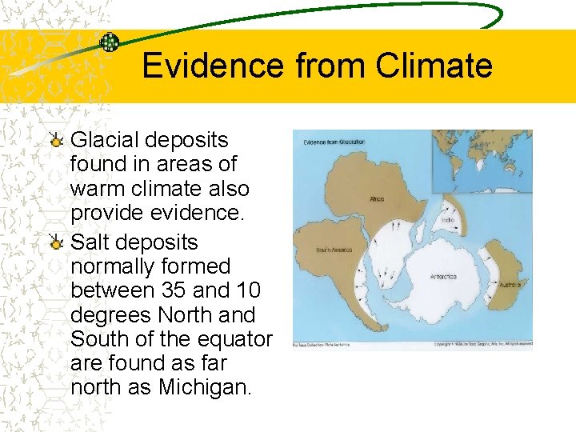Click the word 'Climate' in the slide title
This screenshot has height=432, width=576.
pyautogui.click(x=434, y=66)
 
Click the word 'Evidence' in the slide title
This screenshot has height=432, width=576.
pyautogui.click(x=214, y=66)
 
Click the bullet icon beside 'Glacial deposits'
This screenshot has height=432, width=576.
pyautogui.click(x=56, y=142)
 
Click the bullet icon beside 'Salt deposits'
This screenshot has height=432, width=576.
pyautogui.click(x=56, y=244)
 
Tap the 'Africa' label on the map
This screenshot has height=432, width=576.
pyautogui.click(x=377, y=199)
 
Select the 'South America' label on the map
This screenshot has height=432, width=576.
pyautogui.click(x=313, y=250)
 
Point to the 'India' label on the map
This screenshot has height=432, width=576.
pyautogui.click(x=449, y=220)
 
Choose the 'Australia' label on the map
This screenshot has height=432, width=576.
pyautogui.click(x=510, y=284)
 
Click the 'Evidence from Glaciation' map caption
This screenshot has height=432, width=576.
pyautogui.click(x=334, y=142)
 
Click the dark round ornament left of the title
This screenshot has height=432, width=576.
pyautogui.click(x=110, y=42)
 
